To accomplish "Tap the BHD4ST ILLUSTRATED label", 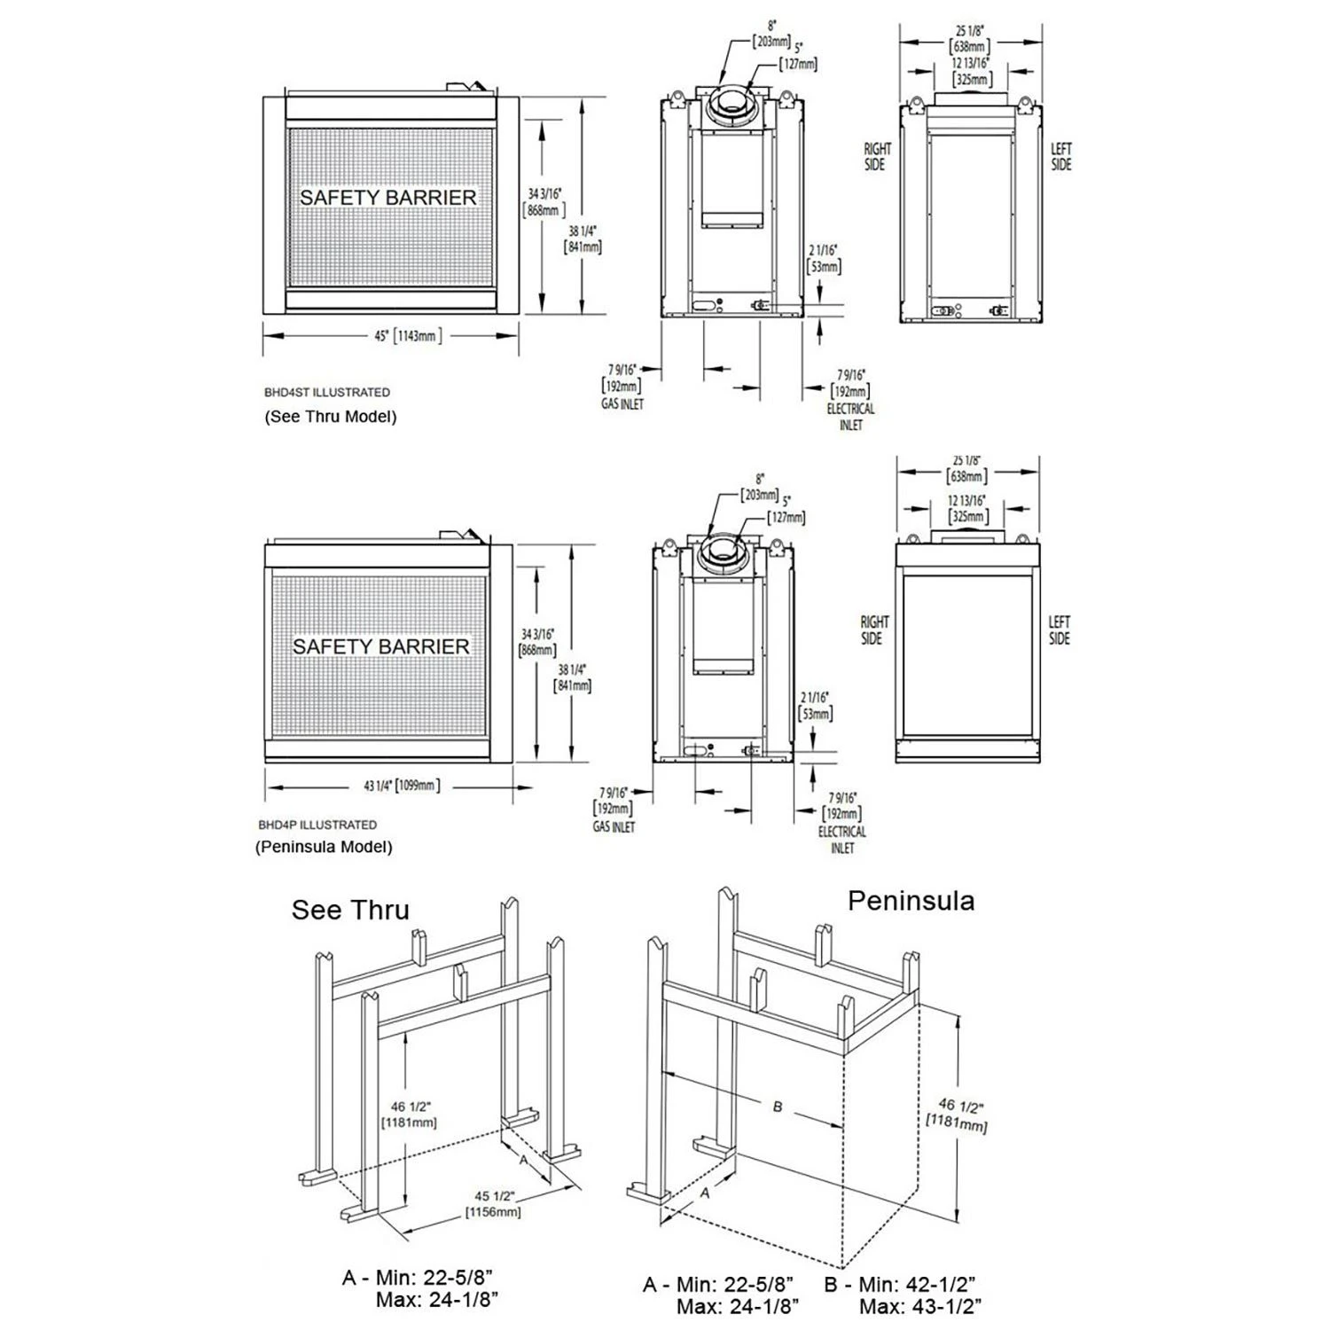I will [x=326, y=392].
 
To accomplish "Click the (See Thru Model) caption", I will [x=330, y=416].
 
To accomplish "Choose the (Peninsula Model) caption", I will [x=324, y=847].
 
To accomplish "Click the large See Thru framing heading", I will [x=350, y=911].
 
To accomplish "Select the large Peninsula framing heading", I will [x=911, y=901].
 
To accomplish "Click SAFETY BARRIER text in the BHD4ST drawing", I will [x=387, y=197].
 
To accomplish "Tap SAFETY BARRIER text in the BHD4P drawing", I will [x=380, y=646].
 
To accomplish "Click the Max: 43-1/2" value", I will [x=919, y=1306].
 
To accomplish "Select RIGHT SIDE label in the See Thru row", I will [x=877, y=157].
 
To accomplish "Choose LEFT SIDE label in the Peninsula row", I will [x=1059, y=630].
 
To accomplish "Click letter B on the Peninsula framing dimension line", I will [x=778, y=1107].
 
